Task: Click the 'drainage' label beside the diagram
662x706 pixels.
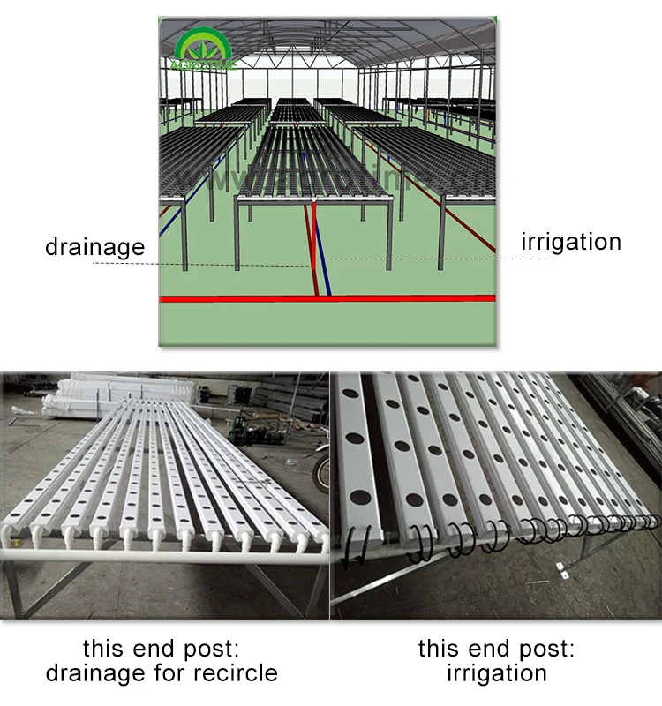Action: coord(94,246)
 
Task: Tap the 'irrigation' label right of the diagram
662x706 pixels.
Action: coord(571,242)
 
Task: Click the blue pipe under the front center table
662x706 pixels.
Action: coord(325,256)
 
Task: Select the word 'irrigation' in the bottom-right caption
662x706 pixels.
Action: coord(496,673)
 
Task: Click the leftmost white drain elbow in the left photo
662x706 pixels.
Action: coord(13,532)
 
